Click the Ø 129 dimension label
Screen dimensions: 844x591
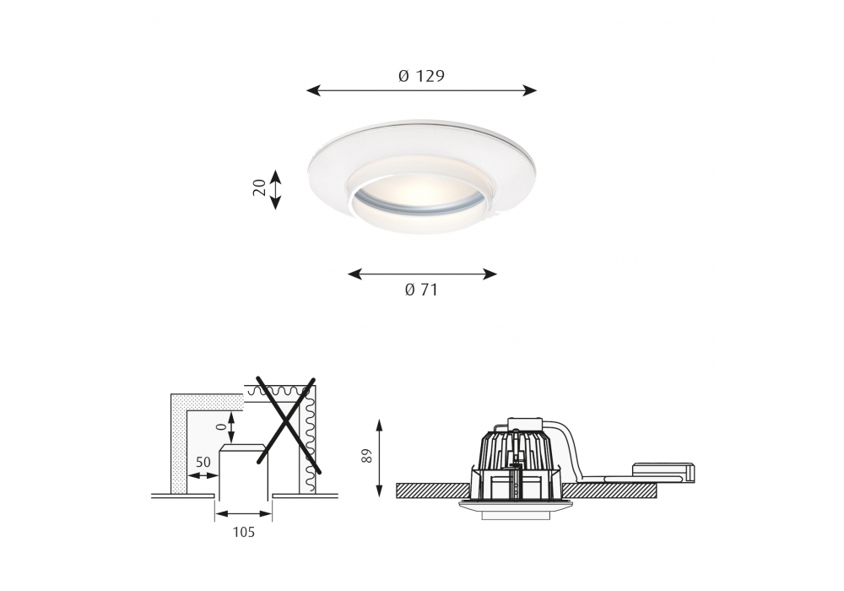[x=421, y=76]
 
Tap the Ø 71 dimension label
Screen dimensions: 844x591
[x=421, y=290]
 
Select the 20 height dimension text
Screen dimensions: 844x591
[x=259, y=187]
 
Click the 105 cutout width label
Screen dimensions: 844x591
[x=243, y=533]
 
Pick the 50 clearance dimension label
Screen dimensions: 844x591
[x=203, y=463]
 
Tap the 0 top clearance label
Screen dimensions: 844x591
[x=219, y=426]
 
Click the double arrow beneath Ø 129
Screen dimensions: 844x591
[x=421, y=90]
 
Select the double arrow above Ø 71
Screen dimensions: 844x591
[x=422, y=274]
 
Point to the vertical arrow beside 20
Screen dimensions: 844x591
[x=275, y=189]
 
